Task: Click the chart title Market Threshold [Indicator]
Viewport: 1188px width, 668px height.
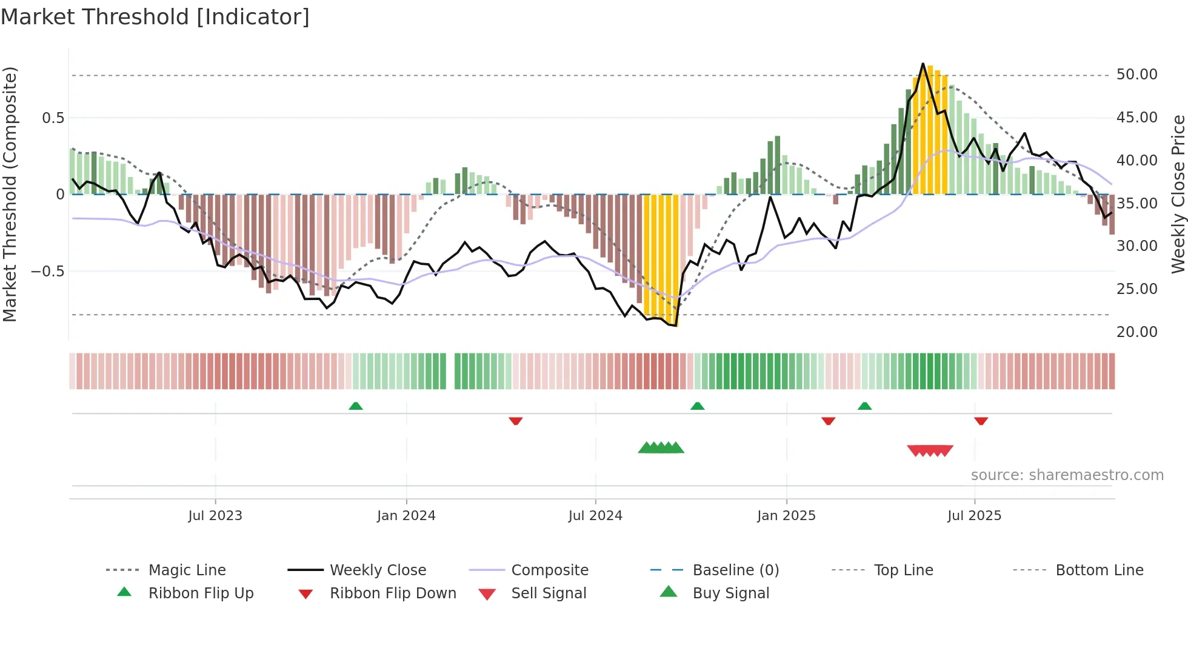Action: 155,17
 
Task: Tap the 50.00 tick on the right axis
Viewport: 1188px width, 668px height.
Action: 1136,75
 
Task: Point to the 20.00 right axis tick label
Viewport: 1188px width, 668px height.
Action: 1136,332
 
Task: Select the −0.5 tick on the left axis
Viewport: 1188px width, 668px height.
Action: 47,271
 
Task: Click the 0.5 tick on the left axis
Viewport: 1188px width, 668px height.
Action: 53,118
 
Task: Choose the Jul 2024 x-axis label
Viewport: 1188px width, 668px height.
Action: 595,516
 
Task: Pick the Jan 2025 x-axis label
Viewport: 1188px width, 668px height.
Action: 786,516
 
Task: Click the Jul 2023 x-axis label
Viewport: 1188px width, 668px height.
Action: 215,516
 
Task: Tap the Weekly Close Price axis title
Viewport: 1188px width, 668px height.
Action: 1178,194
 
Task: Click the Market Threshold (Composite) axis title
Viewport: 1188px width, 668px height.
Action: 10,194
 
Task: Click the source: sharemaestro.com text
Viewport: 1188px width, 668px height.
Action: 1067,475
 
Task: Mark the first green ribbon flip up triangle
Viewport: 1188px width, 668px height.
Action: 356,406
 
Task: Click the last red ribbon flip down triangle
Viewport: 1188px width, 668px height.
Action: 981,421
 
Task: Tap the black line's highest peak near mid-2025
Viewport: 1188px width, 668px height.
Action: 923,64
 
